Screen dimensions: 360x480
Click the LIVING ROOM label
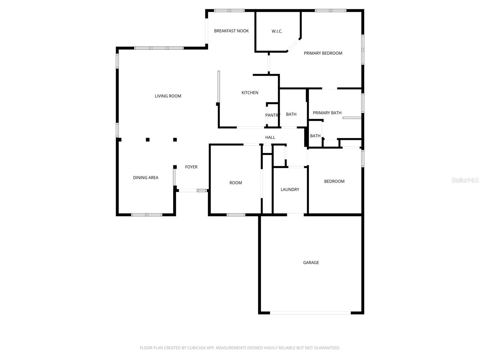(x=168, y=96)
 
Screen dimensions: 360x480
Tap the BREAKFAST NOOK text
(x=231, y=31)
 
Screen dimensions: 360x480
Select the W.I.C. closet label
(x=277, y=31)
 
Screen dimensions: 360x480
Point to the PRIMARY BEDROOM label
(x=323, y=53)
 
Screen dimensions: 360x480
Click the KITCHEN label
(x=250, y=93)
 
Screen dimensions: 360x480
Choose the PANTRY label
(x=272, y=115)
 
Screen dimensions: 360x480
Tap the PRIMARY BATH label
(x=327, y=113)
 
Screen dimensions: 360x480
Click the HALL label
(x=270, y=137)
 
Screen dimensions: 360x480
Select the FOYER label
(x=191, y=167)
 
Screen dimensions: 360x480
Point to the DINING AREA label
(x=145, y=178)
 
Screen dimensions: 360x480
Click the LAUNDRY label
(x=290, y=190)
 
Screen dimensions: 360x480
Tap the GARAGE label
(x=311, y=262)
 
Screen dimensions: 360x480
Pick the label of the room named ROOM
(x=235, y=183)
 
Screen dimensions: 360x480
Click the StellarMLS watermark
(x=465, y=180)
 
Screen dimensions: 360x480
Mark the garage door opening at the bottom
(x=310, y=313)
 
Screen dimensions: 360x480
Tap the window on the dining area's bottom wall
(x=147, y=215)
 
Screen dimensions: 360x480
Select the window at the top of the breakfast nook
(x=229, y=10)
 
